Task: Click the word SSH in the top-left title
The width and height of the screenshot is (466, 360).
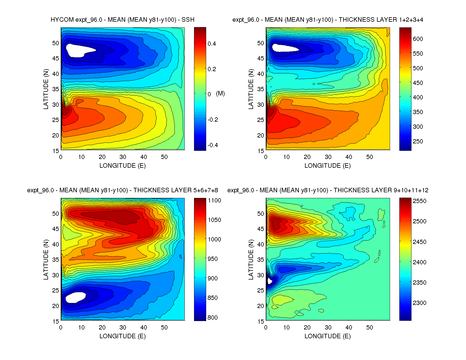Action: coord(188,20)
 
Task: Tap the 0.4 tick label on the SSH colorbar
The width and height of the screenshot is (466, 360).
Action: coord(212,43)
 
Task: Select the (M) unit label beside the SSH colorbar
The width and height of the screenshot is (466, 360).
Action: coord(220,93)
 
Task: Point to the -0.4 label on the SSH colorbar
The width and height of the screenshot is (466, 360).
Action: coord(212,145)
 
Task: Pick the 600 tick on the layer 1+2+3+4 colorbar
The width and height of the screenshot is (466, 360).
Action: coord(418,39)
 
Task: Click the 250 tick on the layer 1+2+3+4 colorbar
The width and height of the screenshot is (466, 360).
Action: coord(418,141)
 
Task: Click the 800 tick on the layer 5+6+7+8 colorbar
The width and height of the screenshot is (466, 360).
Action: coord(212,317)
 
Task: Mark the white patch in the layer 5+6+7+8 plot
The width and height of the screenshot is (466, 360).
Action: coord(75,297)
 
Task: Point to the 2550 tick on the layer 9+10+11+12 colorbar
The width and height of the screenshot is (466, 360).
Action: coord(419,201)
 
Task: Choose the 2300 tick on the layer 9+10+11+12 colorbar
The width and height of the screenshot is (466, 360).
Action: coord(419,303)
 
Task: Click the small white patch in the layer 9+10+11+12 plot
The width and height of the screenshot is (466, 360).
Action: coord(269,281)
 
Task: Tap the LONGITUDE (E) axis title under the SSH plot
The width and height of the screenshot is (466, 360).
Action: coord(123,166)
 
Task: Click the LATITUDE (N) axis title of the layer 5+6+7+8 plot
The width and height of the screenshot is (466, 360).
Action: coord(46,259)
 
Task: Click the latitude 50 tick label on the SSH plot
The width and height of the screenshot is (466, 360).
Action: coord(56,43)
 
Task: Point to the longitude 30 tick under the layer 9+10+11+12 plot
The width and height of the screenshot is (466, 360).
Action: coord(328,328)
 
